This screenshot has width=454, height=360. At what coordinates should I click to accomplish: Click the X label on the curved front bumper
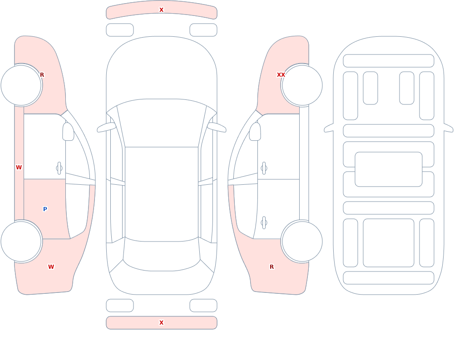coord(161,10)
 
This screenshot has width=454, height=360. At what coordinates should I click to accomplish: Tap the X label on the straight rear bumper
coord(161,323)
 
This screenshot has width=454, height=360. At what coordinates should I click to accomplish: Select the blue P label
coord(45,209)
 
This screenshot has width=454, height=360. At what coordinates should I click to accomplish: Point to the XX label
coord(281,75)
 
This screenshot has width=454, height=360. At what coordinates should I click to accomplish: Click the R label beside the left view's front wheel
coord(42,75)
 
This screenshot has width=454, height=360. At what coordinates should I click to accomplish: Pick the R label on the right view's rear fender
coord(271,267)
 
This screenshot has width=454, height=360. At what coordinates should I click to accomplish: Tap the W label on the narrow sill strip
coord(19,168)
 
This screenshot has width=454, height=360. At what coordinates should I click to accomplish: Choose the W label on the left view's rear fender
coord(51,267)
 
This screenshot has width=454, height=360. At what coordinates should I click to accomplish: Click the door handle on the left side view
coord(59,168)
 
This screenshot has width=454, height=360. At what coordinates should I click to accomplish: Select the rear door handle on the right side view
coord(264,223)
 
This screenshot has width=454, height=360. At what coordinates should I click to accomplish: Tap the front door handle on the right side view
coord(264,168)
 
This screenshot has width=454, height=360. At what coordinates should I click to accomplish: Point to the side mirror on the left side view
coord(68,132)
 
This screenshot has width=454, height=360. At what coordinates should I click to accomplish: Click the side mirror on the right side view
coord(255,132)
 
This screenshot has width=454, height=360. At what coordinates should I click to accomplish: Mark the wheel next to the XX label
coord(302,85)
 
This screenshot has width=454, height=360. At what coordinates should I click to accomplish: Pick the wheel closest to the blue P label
coord(21,241)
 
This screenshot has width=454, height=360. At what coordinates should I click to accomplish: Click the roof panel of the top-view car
coord(162,194)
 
